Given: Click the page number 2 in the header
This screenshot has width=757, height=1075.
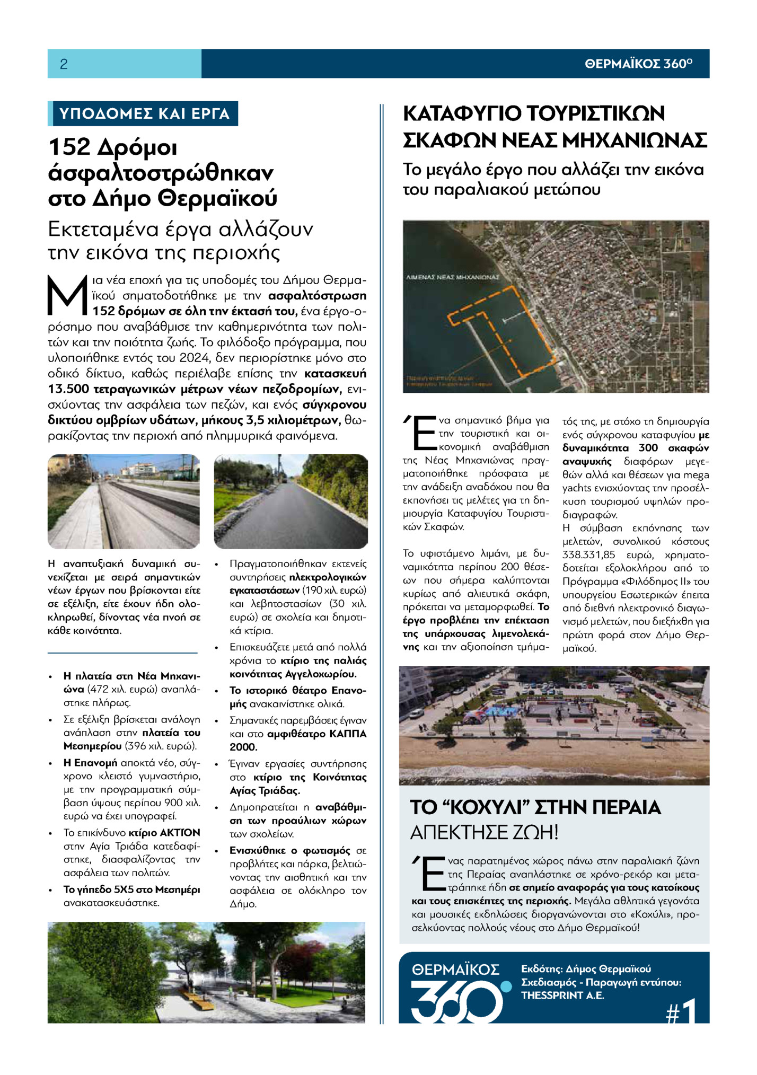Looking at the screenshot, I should pyautogui.click(x=64, y=64).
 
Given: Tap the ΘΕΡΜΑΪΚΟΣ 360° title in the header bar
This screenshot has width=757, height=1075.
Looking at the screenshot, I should pyautogui.click(x=638, y=64).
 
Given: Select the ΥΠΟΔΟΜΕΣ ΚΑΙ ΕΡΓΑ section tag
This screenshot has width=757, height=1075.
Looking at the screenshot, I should pyautogui.click(x=144, y=113).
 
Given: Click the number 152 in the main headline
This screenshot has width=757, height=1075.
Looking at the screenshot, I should pyautogui.click(x=69, y=147).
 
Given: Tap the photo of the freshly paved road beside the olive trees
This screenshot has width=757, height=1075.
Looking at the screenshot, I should pyautogui.click(x=291, y=501).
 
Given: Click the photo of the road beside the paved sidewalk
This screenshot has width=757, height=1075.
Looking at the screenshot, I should pyautogui.click(x=124, y=501).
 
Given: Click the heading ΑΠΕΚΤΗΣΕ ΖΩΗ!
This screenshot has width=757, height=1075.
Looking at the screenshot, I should pyautogui.click(x=484, y=833).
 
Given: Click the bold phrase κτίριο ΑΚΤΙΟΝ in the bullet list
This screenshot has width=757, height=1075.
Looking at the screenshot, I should pyautogui.click(x=164, y=833).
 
